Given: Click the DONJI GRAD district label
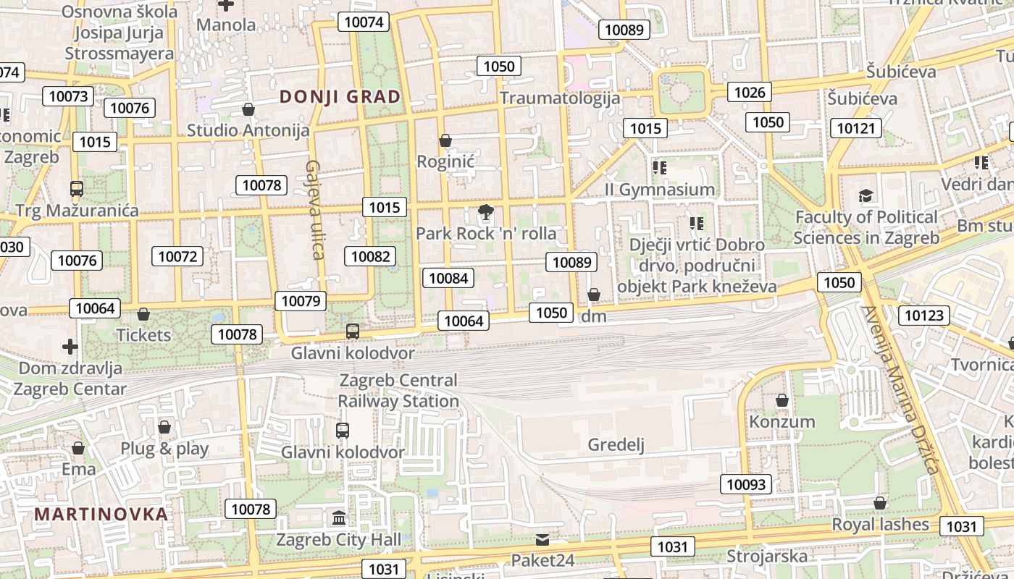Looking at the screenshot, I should (x=340, y=97).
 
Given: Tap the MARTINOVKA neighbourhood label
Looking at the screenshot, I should (x=101, y=515).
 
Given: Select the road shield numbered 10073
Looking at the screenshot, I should (x=68, y=96).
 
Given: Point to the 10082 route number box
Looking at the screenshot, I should (x=371, y=255).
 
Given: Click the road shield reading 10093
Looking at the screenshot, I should (x=746, y=484).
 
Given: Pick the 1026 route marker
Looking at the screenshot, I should (x=750, y=92).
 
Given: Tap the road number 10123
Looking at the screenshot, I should (x=924, y=315).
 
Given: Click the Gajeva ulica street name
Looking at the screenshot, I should (x=314, y=210).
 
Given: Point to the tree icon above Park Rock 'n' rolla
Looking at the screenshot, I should (x=486, y=212).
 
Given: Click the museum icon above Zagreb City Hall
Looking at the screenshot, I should (x=339, y=518).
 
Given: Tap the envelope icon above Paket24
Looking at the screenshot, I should (x=542, y=539).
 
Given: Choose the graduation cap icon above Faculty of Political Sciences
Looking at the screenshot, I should (x=866, y=195).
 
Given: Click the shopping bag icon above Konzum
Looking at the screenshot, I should (x=782, y=400).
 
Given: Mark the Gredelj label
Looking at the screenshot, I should (x=616, y=444).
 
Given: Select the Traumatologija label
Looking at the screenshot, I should (x=560, y=98).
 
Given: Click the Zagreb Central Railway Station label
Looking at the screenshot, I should (x=398, y=390).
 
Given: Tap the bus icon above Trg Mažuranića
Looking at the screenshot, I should (x=77, y=189).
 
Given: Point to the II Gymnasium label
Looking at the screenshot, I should (x=660, y=190).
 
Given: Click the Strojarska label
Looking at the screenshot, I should (x=767, y=556).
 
